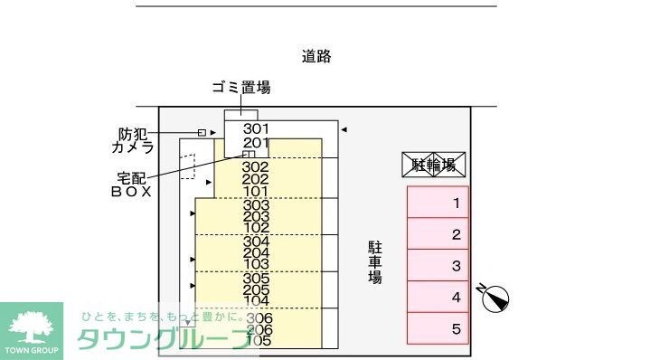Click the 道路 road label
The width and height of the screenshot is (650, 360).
[x=316, y=57]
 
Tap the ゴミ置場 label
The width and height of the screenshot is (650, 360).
[x=240, y=88]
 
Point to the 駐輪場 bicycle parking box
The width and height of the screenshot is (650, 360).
[x=433, y=165]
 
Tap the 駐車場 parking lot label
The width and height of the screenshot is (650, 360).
[x=374, y=261]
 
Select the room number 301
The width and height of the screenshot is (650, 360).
[x=257, y=129]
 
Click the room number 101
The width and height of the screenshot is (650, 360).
[x=257, y=191]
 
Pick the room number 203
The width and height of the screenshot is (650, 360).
[x=257, y=216]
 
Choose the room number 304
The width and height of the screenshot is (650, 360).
[x=257, y=242]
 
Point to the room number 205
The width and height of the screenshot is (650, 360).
[x=257, y=290]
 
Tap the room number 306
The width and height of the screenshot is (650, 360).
[x=259, y=318]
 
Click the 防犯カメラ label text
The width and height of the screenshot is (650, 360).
[x=132, y=140]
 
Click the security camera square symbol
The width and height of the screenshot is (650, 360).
[x=202, y=133]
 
